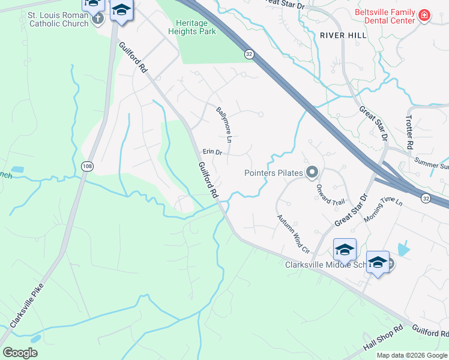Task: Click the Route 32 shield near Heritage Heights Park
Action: (x=249, y=54)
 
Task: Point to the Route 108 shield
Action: (x=88, y=165)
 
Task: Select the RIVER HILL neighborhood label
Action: (x=343, y=36)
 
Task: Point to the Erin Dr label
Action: (x=212, y=152)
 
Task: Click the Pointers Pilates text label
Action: (x=273, y=173)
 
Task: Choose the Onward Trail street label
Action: (x=331, y=194)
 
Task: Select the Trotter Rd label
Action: (x=409, y=133)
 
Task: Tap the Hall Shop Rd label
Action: (x=383, y=340)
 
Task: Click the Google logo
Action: (x=20, y=352)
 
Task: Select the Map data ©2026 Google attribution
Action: (x=412, y=355)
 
